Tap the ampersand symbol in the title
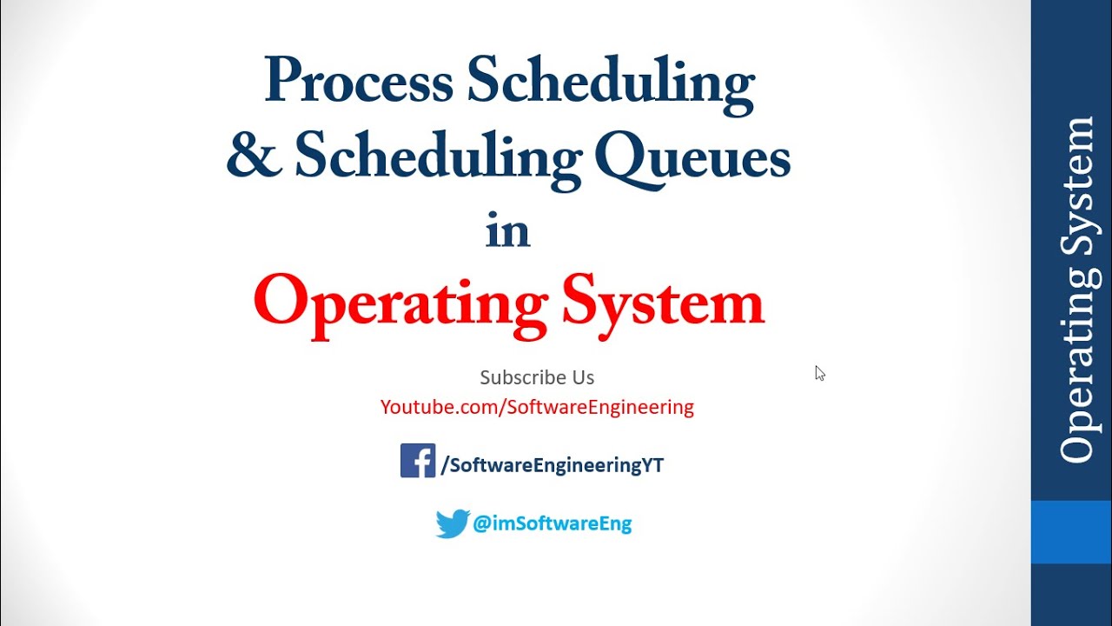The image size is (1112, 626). (x=253, y=157)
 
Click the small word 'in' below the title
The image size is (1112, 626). (x=507, y=231)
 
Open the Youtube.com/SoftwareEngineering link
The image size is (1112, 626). (x=537, y=407)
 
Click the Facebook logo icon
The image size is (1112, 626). (x=417, y=461)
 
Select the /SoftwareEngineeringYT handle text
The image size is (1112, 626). (x=553, y=465)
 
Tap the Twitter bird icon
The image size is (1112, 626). (x=453, y=523)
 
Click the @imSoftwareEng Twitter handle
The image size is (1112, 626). (x=553, y=523)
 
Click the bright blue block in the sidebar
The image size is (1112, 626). (x=1071, y=532)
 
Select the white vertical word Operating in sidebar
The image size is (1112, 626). (x=1076, y=370)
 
